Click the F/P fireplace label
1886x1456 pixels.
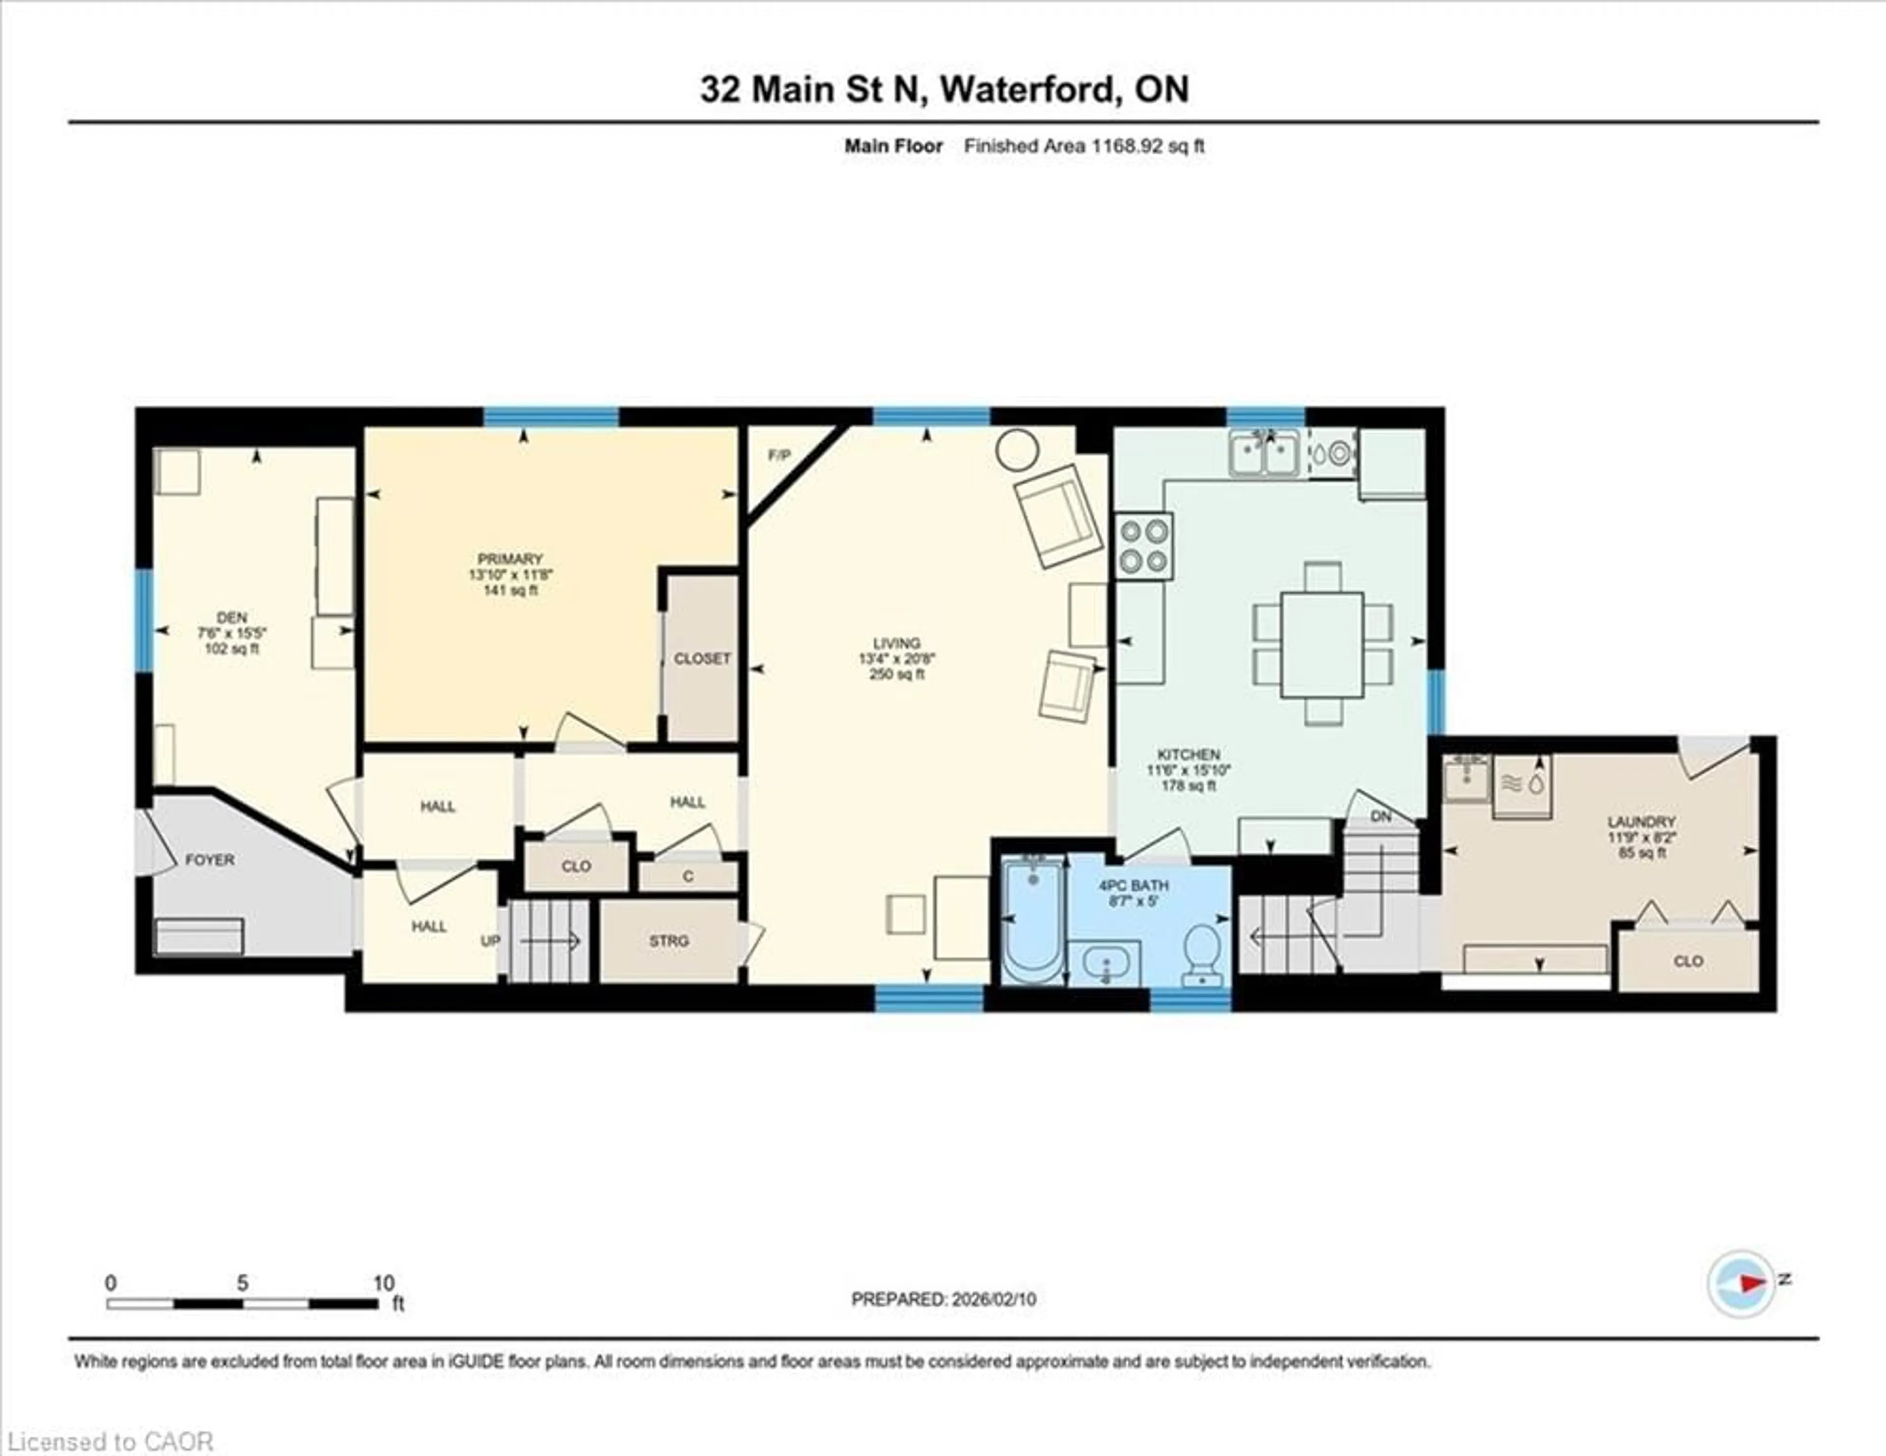tap(779, 455)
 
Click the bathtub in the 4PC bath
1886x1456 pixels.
tap(1034, 920)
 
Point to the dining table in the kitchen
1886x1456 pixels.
tap(1322, 644)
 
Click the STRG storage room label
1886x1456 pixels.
tap(669, 940)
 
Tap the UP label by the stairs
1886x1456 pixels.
tap(490, 940)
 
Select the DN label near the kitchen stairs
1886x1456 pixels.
tap(1381, 816)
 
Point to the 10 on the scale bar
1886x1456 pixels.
tap(384, 1283)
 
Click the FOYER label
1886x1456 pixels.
tap(210, 859)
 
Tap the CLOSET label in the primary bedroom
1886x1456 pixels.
tap(702, 658)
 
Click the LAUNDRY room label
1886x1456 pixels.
tap(1641, 821)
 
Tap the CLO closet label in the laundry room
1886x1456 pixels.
tap(1688, 960)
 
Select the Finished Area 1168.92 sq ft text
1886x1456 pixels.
tap(1084, 146)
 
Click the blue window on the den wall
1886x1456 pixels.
tap(143, 620)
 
